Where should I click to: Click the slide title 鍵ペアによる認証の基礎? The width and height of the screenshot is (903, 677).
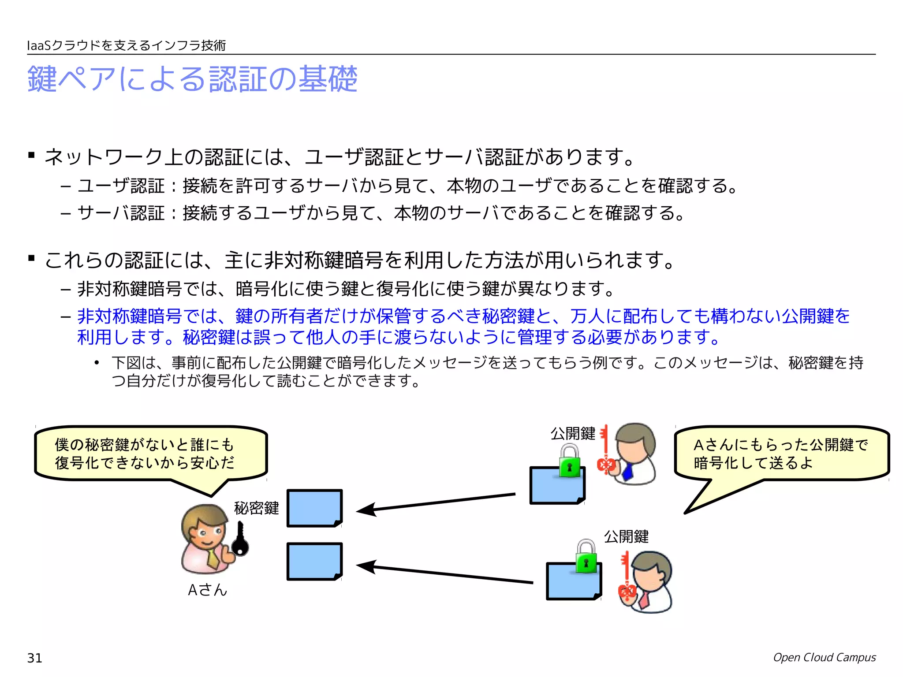[x=192, y=79]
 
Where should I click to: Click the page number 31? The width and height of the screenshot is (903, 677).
[x=35, y=658]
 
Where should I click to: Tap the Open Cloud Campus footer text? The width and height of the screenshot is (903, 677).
[x=824, y=657]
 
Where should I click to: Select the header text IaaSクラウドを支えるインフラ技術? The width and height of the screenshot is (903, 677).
[x=127, y=45]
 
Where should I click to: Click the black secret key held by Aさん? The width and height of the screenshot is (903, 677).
[x=240, y=540]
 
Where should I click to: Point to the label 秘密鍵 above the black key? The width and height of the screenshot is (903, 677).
[x=256, y=508]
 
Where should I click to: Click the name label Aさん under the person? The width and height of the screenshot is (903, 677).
[x=207, y=590]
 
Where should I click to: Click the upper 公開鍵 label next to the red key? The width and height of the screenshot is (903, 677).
[x=572, y=433]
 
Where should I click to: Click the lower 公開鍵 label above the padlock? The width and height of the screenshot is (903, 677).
[x=626, y=536]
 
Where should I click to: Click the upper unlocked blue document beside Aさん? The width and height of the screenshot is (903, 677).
[x=314, y=508]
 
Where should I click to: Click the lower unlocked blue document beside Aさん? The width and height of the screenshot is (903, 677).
[x=314, y=561]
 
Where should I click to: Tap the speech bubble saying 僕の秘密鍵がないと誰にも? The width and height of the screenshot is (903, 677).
[x=150, y=454]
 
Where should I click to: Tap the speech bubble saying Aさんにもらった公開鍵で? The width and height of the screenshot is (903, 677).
[x=781, y=454]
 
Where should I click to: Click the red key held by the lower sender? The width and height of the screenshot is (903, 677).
[x=626, y=582]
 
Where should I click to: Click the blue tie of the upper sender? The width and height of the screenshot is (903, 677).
[x=628, y=472]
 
